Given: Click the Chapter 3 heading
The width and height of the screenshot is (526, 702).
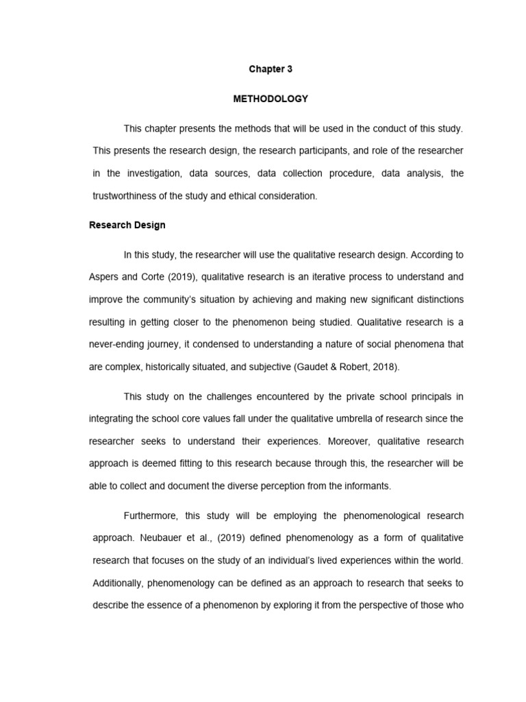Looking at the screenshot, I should pyautogui.click(x=271, y=69).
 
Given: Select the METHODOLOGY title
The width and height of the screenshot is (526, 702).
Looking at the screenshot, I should pyautogui.click(x=271, y=99).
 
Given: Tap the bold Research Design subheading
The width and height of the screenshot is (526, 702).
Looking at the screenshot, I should pyautogui.click(x=127, y=225).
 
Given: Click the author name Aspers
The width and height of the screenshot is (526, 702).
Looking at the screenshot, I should pyautogui.click(x=104, y=277).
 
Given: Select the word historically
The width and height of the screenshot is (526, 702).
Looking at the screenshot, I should pyautogui.click(x=174, y=367).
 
